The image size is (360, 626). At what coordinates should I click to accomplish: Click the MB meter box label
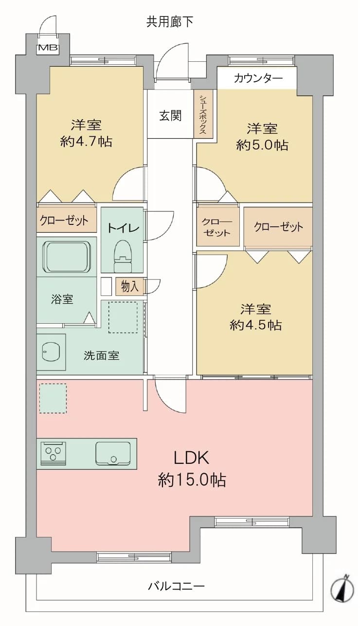(x=48, y=48)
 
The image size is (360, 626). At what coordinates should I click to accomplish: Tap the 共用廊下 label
(x=169, y=22)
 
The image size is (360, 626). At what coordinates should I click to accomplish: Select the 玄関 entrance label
(x=170, y=115)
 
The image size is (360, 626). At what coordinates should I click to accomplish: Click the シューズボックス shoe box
(x=203, y=114)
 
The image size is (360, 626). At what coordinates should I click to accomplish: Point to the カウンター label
(x=258, y=78)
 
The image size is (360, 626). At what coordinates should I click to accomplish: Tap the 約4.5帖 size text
(x=255, y=325)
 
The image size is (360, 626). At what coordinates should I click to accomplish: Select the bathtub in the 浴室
(x=67, y=257)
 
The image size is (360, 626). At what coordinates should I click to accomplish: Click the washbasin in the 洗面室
(x=51, y=351)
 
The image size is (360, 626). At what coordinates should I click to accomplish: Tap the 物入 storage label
(x=130, y=286)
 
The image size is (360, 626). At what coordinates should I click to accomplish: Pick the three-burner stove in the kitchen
(x=54, y=454)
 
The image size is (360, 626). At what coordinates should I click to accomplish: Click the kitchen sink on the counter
(x=113, y=453)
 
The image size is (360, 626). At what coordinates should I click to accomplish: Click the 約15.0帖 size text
(x=192, y=480)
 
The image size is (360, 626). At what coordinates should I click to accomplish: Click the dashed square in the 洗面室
(x=123, y=317)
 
